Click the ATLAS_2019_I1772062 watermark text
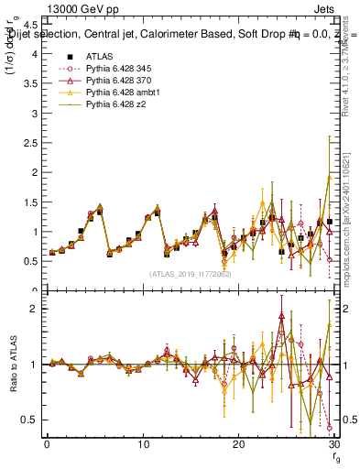[190, 274]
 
